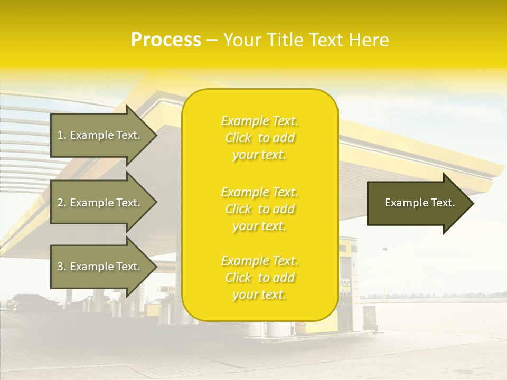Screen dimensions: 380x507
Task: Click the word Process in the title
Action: click(x=166, y=40)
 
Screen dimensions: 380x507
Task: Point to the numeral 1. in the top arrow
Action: click(x=61, y=135)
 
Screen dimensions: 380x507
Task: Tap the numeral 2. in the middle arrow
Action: click(x=61, y=203)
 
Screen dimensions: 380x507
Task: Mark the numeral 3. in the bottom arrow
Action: click(x=61, y=267)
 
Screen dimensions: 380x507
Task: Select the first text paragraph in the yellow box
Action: click(x=259, y=138)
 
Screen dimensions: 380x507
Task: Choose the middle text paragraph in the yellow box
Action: click(x=259, y=209)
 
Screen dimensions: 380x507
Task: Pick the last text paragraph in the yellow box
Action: click(x=259, y=278)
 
